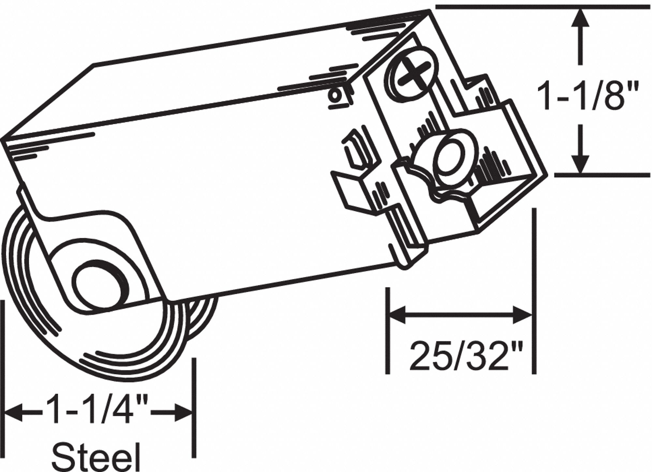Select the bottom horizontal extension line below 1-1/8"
click(602, 175)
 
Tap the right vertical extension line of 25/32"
click(534, 291)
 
